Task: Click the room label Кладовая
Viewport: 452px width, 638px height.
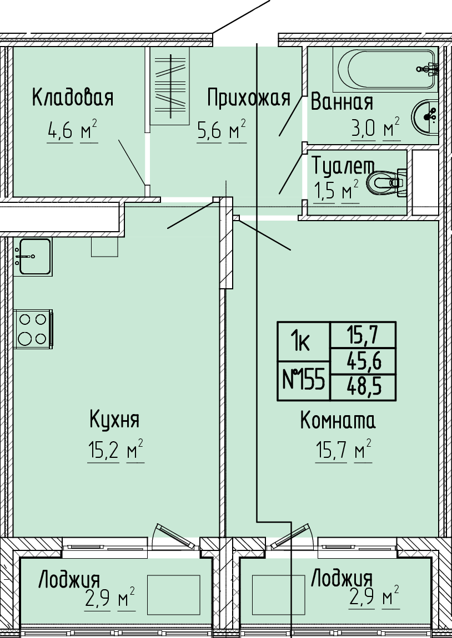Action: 73,98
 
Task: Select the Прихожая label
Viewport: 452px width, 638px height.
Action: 249,98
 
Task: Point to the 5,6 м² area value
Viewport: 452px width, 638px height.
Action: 222,131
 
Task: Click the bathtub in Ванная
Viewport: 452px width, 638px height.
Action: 385,70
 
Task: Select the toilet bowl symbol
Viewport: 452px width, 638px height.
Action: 386,183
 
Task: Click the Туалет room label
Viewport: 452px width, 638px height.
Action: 343,166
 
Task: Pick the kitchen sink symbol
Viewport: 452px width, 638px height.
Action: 32,257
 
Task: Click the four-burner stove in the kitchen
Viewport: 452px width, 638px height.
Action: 33,329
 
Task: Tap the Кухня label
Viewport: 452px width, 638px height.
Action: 114,420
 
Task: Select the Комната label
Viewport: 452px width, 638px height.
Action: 338,421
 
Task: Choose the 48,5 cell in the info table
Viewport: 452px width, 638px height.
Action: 363,387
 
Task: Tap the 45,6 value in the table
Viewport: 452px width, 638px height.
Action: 363,361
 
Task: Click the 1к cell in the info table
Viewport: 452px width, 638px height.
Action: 304,342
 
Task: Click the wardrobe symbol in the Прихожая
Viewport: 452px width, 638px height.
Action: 170,86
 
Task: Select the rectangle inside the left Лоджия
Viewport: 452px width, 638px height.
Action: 173,594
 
